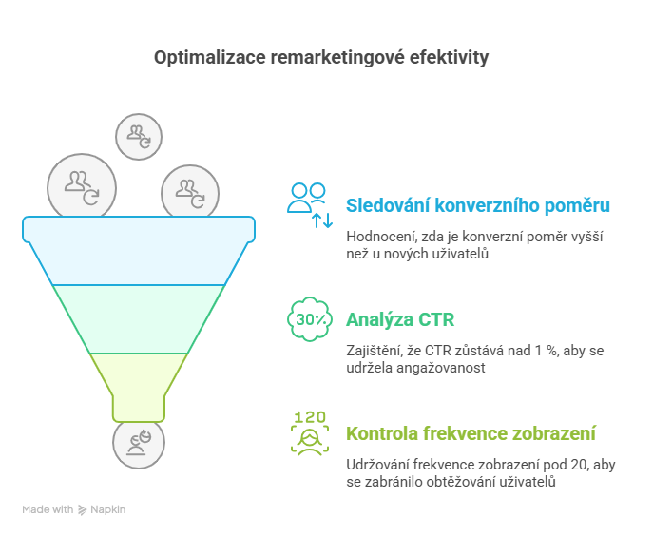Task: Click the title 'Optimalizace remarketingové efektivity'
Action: click(x=321, y=57)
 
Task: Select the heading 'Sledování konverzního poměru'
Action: click(x=478, y=205)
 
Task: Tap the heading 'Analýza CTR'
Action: click(x=400, y=319)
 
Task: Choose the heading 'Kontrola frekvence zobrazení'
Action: click(x=471, y=433)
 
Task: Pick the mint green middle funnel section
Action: click(x=139, y=319)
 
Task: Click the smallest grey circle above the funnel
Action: click(x=139, y=137)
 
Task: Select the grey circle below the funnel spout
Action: click(x=139, y=444)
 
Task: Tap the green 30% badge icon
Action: click(x=310, y=319)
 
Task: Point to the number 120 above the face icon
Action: click(x=310, y=417)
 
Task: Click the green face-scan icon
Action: click(x=310, y=440)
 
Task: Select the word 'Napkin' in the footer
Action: click(x=107, y=509)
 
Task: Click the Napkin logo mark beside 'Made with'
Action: click(x=82, y=509)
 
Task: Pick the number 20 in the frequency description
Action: click(x=579, y=465)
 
